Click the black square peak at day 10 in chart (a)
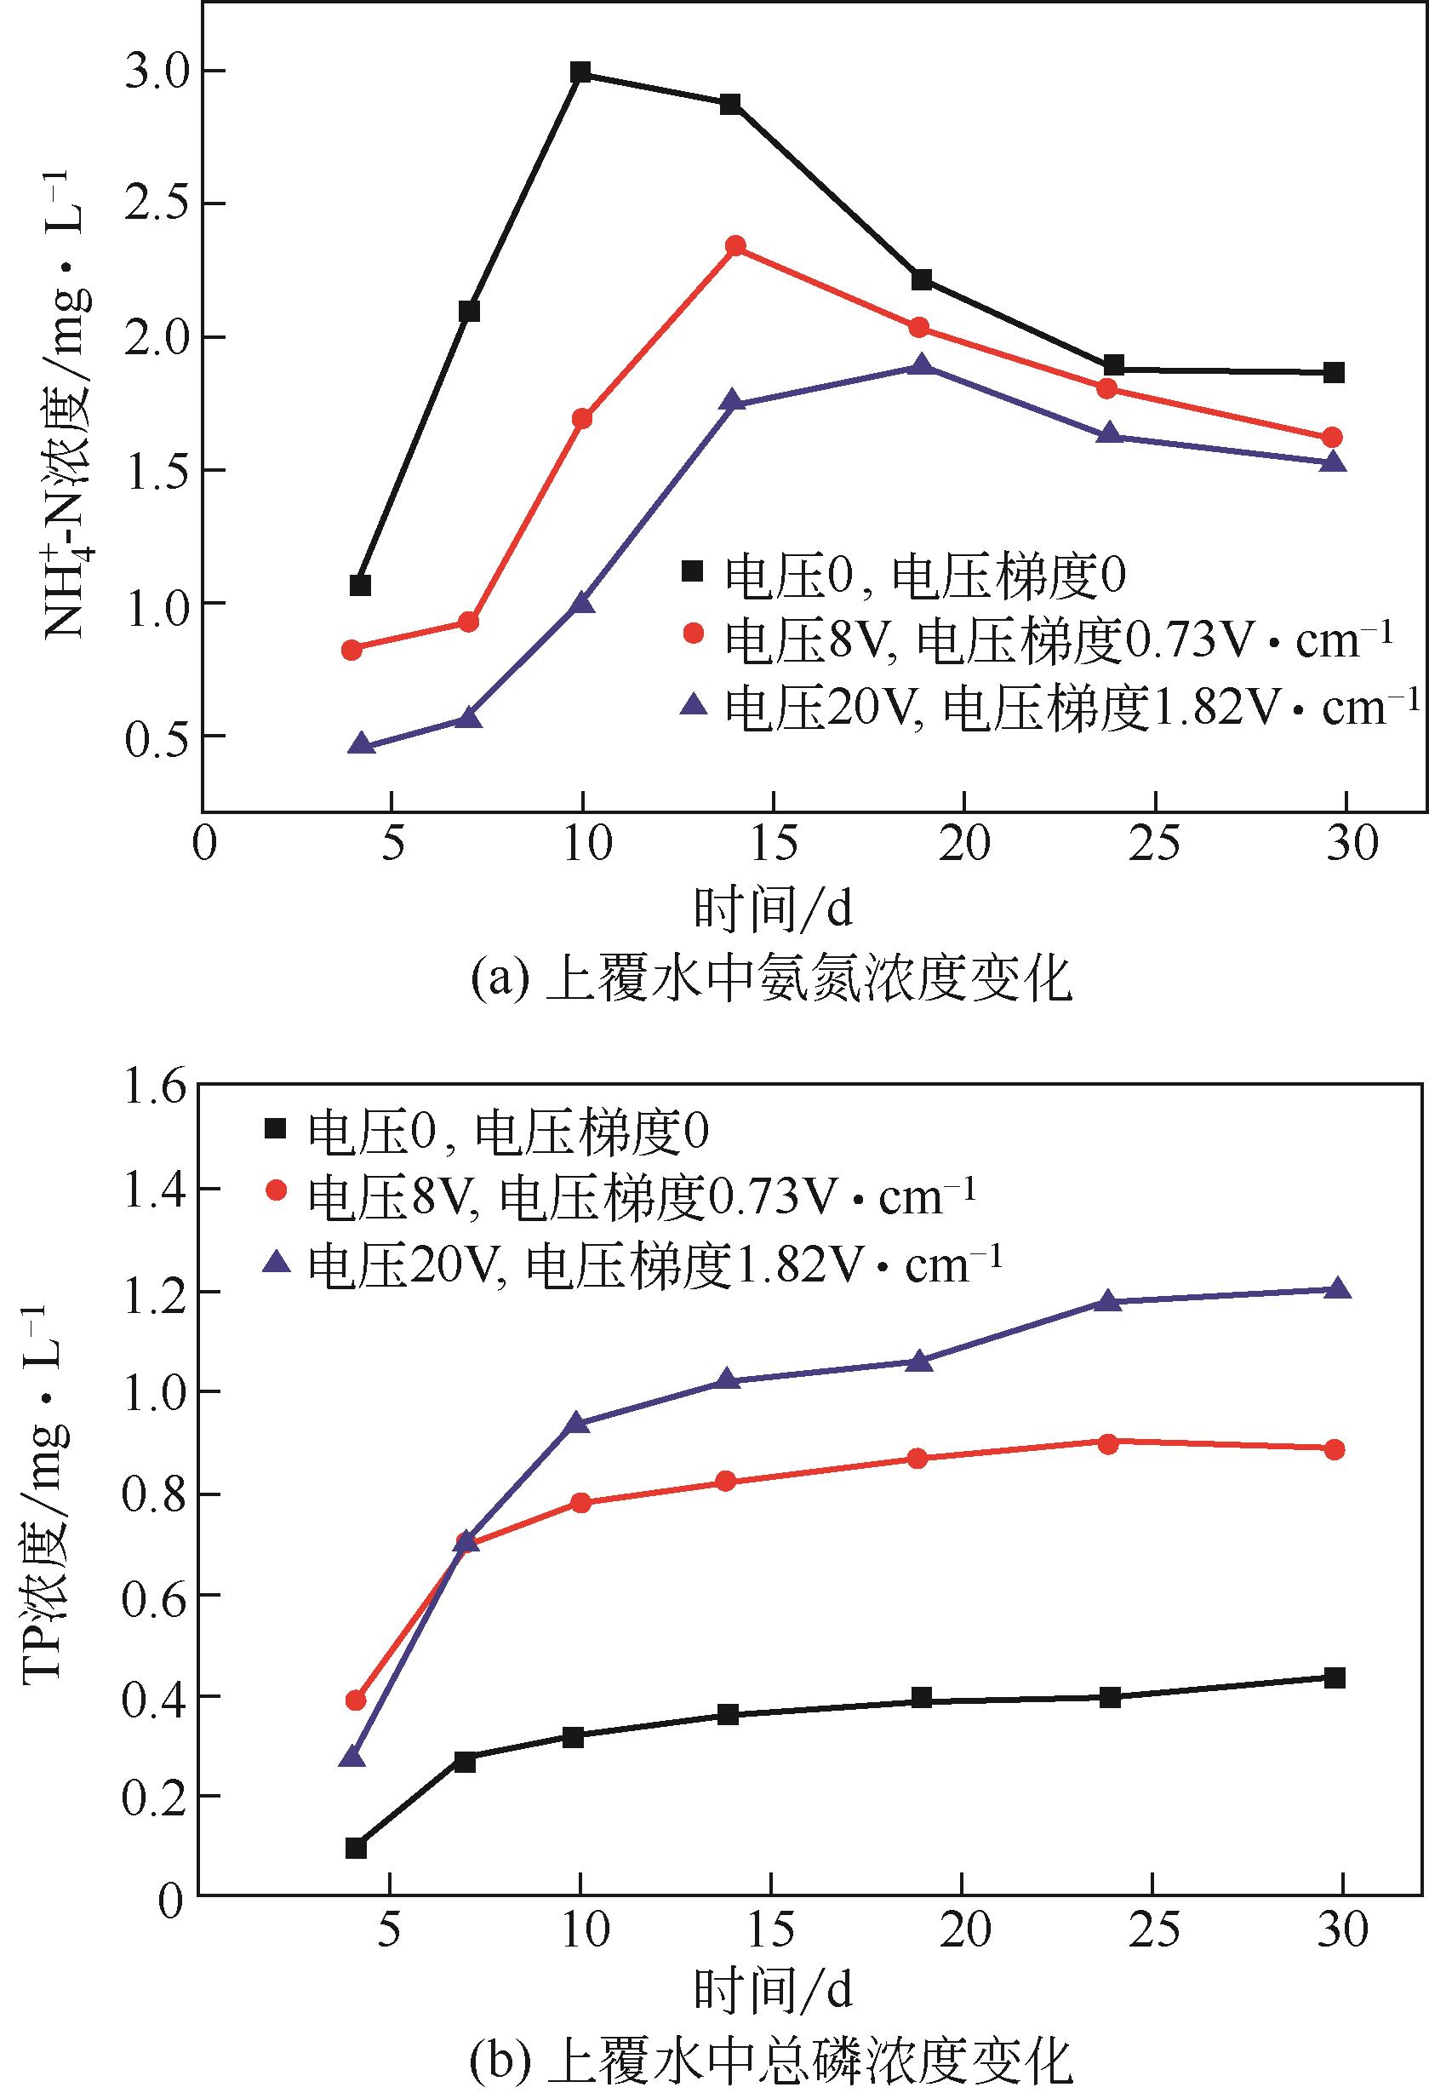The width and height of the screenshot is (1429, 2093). (x=580, y=72)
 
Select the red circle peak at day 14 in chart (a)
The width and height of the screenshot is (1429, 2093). (x=735, y=246)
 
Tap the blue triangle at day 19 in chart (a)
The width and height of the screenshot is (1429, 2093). (x=920, y=364)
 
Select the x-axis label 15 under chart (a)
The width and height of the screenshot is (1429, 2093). (x=773, y=844)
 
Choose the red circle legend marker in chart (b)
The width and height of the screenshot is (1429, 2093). (x=277, y=1190)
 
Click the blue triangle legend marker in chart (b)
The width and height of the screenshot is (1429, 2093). (x=277, y=1263)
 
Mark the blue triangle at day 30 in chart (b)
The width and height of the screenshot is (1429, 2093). (x=1337, y=1287)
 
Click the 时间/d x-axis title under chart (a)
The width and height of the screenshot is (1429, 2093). (x=773, y=909)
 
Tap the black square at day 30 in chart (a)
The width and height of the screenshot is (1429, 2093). (x=1335, y=372)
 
